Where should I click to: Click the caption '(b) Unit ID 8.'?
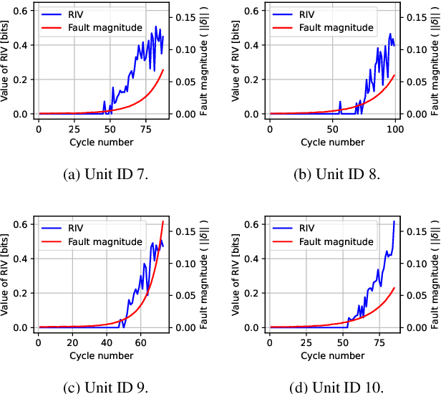click(x=332, y=175)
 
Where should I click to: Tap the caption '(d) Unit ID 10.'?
click(x=332, y=388)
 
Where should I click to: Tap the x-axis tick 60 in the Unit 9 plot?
click(x=140, y=342)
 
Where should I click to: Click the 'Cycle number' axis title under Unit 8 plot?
click(x=332, y=141)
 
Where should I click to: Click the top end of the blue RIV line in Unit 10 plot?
click(x=394, y=222)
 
